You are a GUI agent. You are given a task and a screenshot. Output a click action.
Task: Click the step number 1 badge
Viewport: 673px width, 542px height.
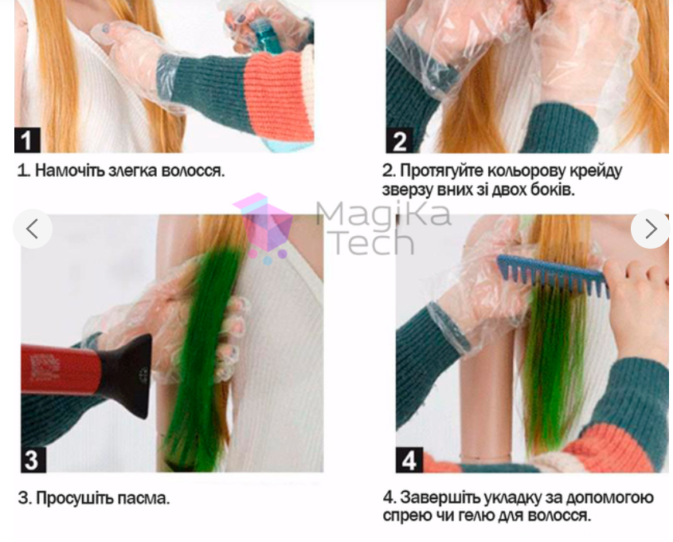point(27,140)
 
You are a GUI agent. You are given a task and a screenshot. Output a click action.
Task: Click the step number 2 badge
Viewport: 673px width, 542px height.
point(399,140)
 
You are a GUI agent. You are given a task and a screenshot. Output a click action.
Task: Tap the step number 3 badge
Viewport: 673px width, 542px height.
point(33,459)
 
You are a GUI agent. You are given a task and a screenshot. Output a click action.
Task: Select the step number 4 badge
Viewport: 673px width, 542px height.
point(409,460)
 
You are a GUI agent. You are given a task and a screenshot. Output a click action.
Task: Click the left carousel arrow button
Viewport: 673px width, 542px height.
point(33,230)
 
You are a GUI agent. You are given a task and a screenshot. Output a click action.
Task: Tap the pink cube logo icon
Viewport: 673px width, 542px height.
point(264,227)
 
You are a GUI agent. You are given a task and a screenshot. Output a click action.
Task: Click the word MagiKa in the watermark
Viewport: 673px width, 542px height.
point(383,214)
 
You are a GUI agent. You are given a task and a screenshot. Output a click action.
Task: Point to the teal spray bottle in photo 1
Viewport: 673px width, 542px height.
point(267,36)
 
